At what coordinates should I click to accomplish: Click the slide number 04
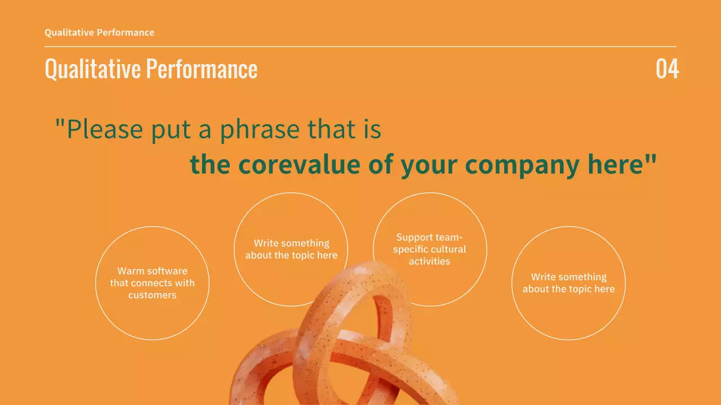[x=667, y=69]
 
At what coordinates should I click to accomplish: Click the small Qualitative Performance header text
[x=99, y=33]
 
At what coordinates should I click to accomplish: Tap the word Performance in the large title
[x=202, y=69]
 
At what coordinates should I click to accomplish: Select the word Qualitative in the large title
[x=92, y=69]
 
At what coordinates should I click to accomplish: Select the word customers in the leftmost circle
[x=152, y=295]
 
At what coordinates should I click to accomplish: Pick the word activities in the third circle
[x=429, y=261]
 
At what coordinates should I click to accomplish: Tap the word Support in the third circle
[x=413, y=237]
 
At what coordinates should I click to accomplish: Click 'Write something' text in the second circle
[x=291, y=243]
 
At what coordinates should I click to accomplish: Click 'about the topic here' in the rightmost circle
[x=568, y=289]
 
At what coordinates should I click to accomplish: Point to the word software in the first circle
[x=166, y=271]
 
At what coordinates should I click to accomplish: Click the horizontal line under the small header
[x=360, y=47]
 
